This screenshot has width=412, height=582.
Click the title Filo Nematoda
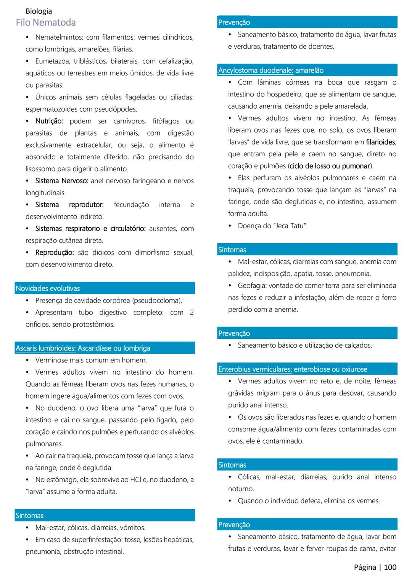click(x=46, y=22)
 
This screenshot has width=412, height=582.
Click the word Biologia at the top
click(x=39, y=11)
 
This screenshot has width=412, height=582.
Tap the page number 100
click(x=390, y=567)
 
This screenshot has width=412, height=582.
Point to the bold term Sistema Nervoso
click(x=61, y=181)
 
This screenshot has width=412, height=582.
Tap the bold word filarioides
click(x=380, y=142)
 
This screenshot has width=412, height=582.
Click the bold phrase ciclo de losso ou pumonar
click(x=330, y=166)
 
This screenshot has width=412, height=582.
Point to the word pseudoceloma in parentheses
click(x=157, y=300)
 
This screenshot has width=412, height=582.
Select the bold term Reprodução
click(x=55, y=252)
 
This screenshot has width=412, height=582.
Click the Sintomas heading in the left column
click(x=30, y=515)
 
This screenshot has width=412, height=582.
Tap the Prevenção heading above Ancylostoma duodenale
click(x=234, y=22)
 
